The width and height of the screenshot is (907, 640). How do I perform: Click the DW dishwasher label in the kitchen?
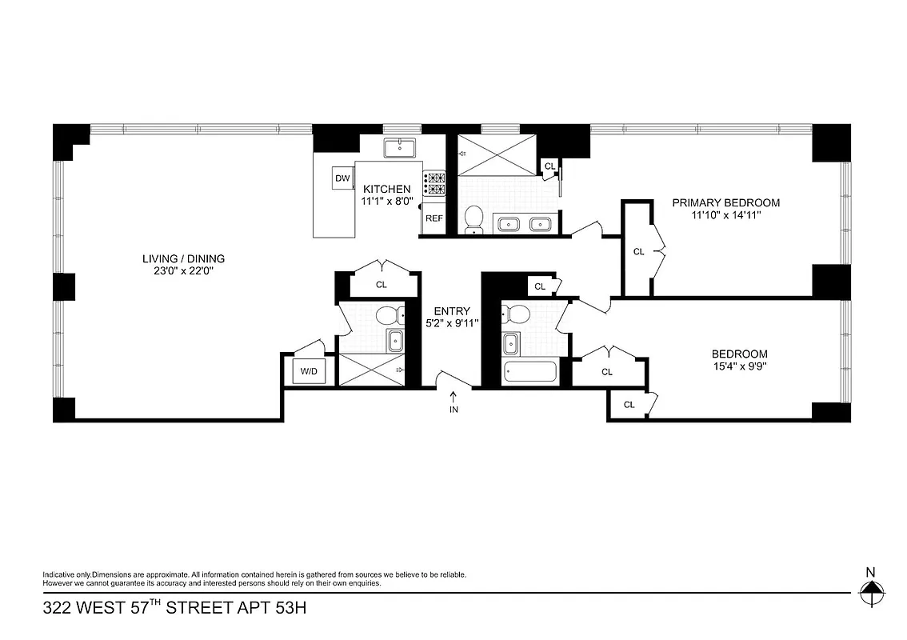tap(342, 178)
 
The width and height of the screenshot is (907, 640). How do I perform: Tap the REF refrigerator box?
tap(434, 218)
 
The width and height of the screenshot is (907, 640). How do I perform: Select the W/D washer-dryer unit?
tap(308, 371)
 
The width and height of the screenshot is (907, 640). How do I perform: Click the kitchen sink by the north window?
tap(396, 146)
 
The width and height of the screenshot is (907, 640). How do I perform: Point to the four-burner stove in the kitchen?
tap(434, 184)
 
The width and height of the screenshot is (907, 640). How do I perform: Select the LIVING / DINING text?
tap(183, 258)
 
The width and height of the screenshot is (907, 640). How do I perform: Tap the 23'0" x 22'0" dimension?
tap(183, 271)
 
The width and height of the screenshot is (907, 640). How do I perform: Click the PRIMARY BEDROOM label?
tap(725, 202)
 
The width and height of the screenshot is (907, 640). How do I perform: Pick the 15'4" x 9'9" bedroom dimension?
tap(739, 366)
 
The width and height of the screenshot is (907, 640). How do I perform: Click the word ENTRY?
tap(452, 311)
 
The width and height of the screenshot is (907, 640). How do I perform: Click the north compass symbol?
tap(871, 593)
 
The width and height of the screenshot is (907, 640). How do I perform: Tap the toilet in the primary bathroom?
tap(474, 218)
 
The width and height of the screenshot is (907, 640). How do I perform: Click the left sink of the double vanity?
tap(508, 224)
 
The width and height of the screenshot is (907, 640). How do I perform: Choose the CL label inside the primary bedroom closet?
tap(638, 251)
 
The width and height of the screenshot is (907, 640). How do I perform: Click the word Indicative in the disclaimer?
tap(60, 574)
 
